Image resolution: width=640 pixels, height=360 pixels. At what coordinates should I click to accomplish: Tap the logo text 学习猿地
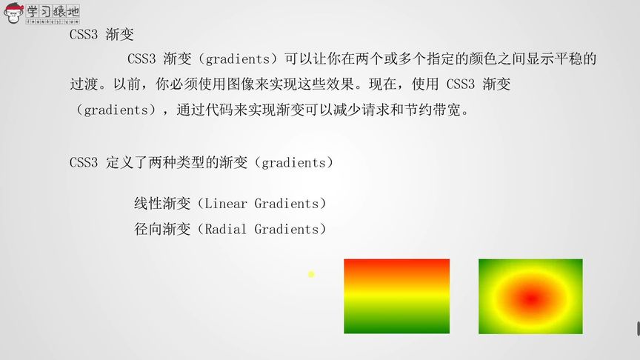(53, 11)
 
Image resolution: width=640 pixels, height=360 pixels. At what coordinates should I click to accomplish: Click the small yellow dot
(311, 274)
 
